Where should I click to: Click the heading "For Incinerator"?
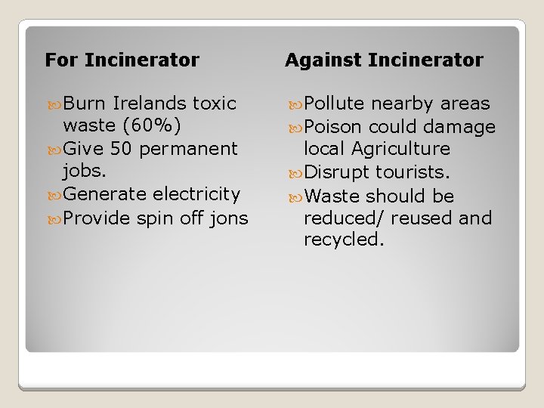click(122, 60)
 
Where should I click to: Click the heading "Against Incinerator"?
click(384, 60)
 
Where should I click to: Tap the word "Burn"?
click(86, 104)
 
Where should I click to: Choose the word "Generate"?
click(105, 194)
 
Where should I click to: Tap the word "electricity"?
click(196, 194)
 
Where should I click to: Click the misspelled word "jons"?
click(230, 218)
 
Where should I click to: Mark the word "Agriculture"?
click(401, 149)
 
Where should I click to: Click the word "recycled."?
click(344, 240)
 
